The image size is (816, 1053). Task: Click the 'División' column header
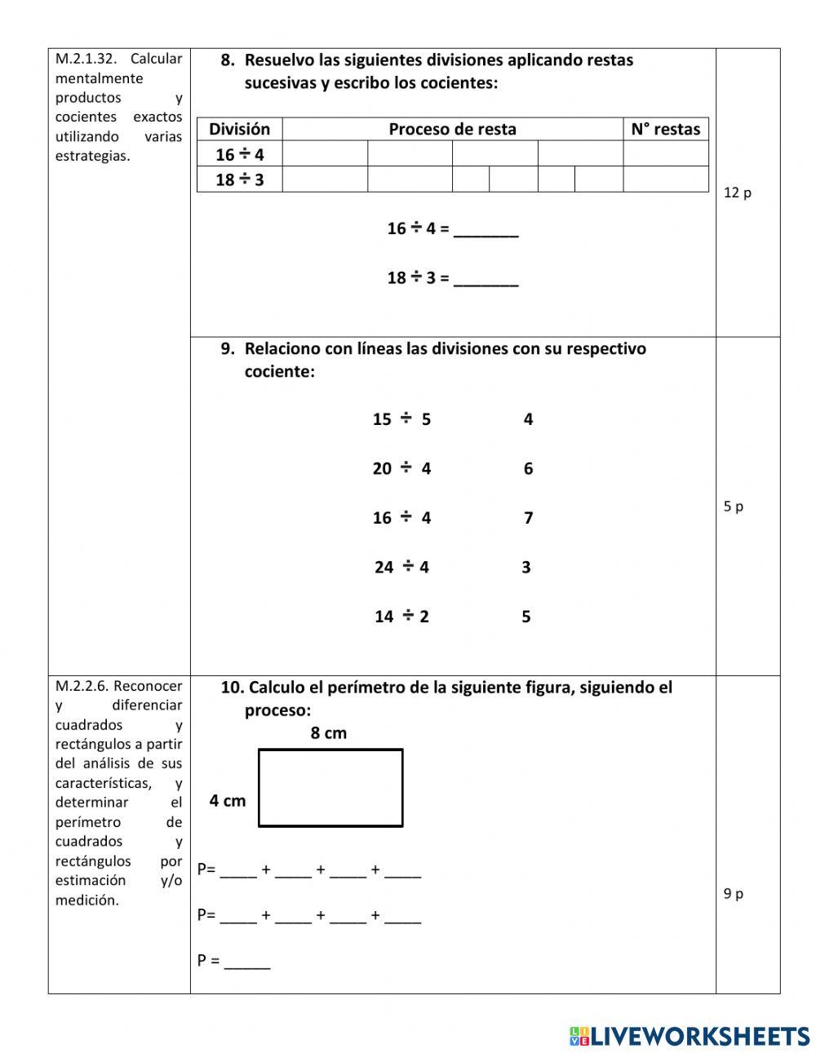point(239,129)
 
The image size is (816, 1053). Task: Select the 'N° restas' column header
point(665,129)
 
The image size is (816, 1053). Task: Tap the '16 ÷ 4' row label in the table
point(239,154)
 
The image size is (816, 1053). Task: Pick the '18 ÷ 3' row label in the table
point(239,179)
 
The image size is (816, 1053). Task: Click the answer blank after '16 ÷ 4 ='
point(486,230)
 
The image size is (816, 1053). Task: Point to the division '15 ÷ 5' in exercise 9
point(401,419)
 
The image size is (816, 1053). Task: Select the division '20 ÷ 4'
point(401,468)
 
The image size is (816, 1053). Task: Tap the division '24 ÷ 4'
point(401,567)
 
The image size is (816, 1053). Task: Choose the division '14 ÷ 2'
point(401,617)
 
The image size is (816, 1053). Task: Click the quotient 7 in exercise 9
point(528,518)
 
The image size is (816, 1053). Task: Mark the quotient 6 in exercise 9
point(528,468)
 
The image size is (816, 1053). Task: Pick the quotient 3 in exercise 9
point(526,567)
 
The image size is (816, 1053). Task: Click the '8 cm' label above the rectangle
point(328,733)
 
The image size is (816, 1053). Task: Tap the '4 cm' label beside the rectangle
point(227,801)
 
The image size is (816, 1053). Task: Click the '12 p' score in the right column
point(737,193)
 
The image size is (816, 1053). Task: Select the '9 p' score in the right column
point(733,894)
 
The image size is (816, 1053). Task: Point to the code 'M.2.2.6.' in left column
point(82,686)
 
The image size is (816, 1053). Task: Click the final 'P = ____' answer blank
point(246,963)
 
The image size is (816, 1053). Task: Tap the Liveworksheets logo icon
point(579,1036)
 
